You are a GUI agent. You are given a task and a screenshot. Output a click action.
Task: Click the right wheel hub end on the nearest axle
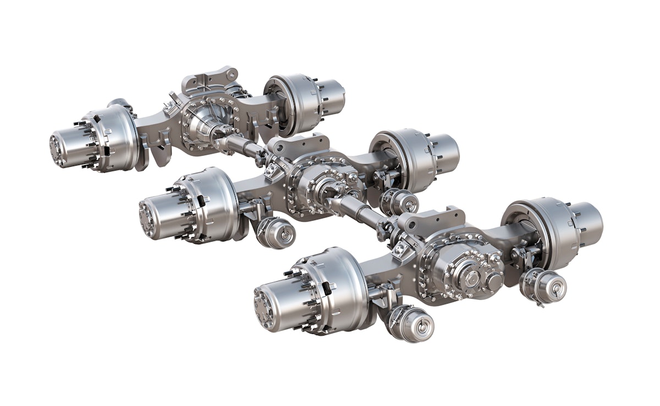coord(587,220)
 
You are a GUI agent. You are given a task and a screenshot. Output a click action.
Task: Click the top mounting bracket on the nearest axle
coord(435,216)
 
